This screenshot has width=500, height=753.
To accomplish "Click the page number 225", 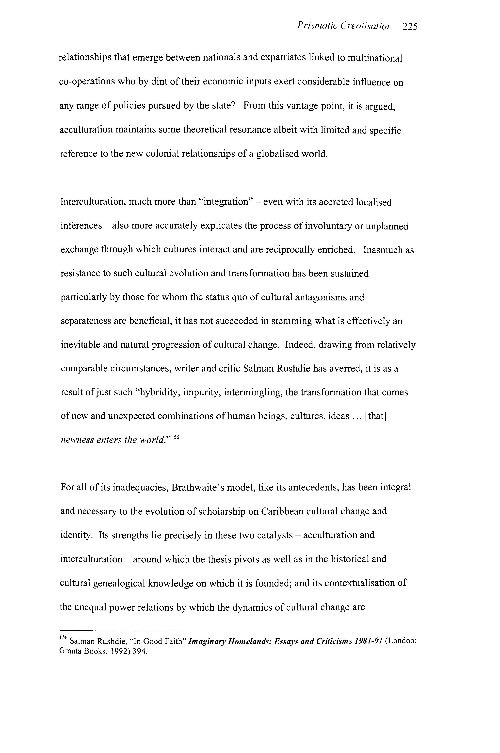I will click(410, 26).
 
